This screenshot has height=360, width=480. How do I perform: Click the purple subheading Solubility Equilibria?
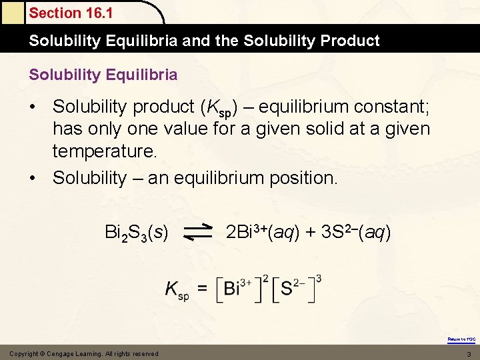pos(103,75)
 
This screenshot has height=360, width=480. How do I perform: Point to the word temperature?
pos(105,151)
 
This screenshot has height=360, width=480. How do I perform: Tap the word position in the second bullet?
pos(303,177)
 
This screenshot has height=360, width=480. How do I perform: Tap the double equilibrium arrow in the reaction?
pos(197,232)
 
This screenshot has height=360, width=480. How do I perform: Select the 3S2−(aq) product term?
pos(356,232)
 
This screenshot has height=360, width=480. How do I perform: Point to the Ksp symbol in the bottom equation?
pos(177,290)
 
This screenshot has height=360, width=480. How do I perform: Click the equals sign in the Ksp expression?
pos(203,289)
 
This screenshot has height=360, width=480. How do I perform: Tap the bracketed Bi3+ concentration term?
pos(240,288)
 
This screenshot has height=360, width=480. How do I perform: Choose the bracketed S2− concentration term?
pos(296,288)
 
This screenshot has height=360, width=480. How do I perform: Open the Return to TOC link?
pos(461,339)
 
